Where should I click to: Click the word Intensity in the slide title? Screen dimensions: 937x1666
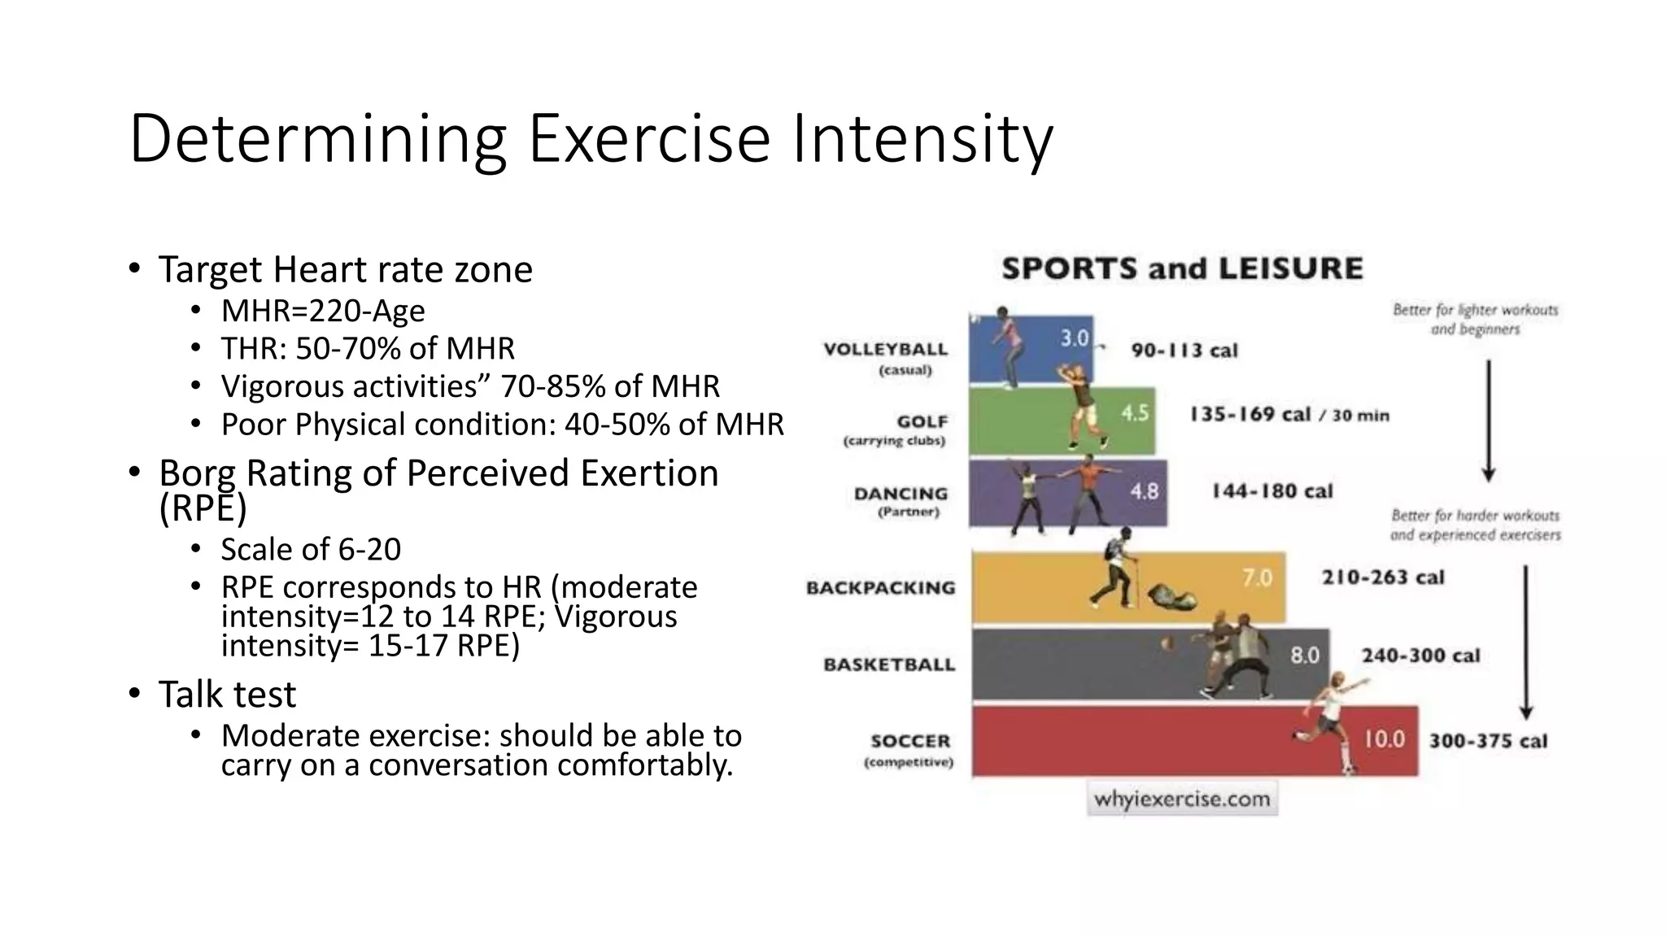pos(921,140)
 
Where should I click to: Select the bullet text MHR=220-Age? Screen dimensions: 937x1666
pos(323,311)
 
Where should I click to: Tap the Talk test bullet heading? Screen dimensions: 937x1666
pos(227,695)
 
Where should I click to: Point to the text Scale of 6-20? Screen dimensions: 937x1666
pos(311,550)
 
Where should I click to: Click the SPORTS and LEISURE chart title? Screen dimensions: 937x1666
pos(1181,269)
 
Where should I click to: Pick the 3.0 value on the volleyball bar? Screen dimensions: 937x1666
pos(1074,338)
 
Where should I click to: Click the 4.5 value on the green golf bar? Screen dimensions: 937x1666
pos(1135,413)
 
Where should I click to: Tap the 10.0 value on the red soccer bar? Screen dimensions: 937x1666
pos(1384,739)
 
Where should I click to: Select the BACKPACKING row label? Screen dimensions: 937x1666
pos(880,588)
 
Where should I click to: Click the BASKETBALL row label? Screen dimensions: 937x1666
pos(889,665)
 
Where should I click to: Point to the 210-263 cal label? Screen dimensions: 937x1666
pos(1382,577)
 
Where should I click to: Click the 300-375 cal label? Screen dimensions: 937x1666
pos(1488,741)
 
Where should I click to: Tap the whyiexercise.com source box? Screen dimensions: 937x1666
pos(1182,799)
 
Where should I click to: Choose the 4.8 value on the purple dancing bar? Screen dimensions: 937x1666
pos(1144,491)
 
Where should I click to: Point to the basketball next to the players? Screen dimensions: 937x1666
pos(1167,643)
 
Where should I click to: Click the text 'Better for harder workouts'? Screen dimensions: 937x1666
pos(1475,516)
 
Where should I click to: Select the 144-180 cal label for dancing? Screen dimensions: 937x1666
pos(1271,491)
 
